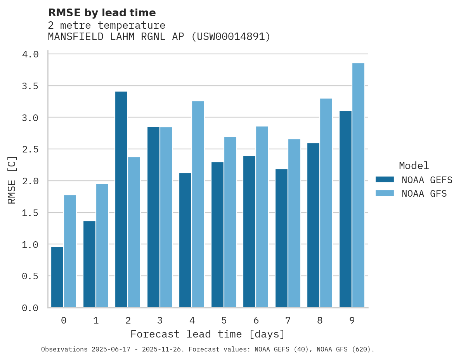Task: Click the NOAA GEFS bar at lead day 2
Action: [x=121, y=199]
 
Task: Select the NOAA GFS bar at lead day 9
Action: [x=358, y=185]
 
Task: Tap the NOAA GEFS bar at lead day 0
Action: [x=57, y=277]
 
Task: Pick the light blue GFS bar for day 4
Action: [x=198, y=204]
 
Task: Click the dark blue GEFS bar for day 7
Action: [x=281, y=238]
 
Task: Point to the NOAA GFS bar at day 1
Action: [x=102, y=246]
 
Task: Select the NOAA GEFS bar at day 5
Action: [x=217, y=235]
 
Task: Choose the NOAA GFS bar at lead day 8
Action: [x=326, y=203]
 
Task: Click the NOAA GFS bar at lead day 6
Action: [x=262, y=217]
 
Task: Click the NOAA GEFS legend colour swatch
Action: [x=385, y=180]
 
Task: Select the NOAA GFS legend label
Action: [x=424, y=194]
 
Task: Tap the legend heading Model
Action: [x=414, y=166]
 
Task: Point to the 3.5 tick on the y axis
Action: [x=30, y=86]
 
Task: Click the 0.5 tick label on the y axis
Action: [x=30, y=276]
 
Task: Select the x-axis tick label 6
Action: [x=256, y=320]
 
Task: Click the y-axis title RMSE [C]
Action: [x=12, y=180]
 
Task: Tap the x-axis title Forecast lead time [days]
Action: [x=208, y=334]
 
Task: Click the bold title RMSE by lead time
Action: [x=102, y=13]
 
